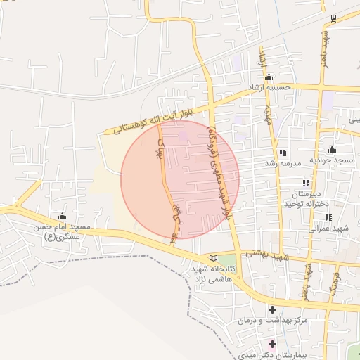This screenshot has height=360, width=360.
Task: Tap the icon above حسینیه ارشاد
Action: coord(269,77)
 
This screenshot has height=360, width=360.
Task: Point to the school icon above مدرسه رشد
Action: coord(283,153)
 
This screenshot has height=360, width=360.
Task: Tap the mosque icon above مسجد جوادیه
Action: coord(332,150)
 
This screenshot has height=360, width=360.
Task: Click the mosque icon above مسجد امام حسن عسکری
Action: coord(62,216)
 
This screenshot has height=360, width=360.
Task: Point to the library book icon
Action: coord(214,258)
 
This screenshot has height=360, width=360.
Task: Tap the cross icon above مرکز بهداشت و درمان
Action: coord(272,309)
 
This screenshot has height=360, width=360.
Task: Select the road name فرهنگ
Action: coord(333,281)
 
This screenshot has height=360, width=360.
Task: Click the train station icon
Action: coord(334,18)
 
